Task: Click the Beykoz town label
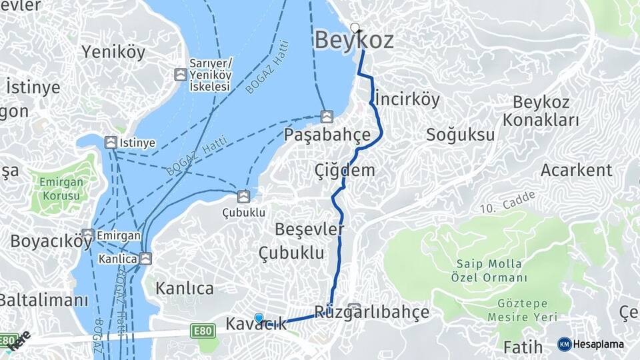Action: pyautogui.click(x=353, y=41)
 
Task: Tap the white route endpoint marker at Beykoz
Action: pyautogui.click(x=355, y=28)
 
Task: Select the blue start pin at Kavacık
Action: pyautogui.click(x=259, y=319)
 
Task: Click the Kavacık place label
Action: pyautogui.click(x=257, y=325)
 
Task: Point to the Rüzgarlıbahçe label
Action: pyautogui.click(x=371, y=312)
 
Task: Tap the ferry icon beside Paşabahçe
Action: pyautogui.click(x=327, y=117)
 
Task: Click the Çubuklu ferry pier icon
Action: pyautogui.click(x=244, y=196)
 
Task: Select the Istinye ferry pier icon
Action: pyautogui.click(x=111, y=142)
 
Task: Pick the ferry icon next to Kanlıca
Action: pyautogui.click(x=145, y=257)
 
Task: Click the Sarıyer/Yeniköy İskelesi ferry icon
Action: pyautogui.click(x=180, y=75)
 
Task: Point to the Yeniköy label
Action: pyautogui.click(x=113, y=53)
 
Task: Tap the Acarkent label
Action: pyautogui.click(x=576, y=170)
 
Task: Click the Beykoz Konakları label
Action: pyautogui.click(x=541, y=111)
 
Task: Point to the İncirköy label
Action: pyautogui.click(x=407, y=99)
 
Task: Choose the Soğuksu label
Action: pyautogui.click(x=461, y=135)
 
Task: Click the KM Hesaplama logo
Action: pyautogui.click(x=591, y=344)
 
